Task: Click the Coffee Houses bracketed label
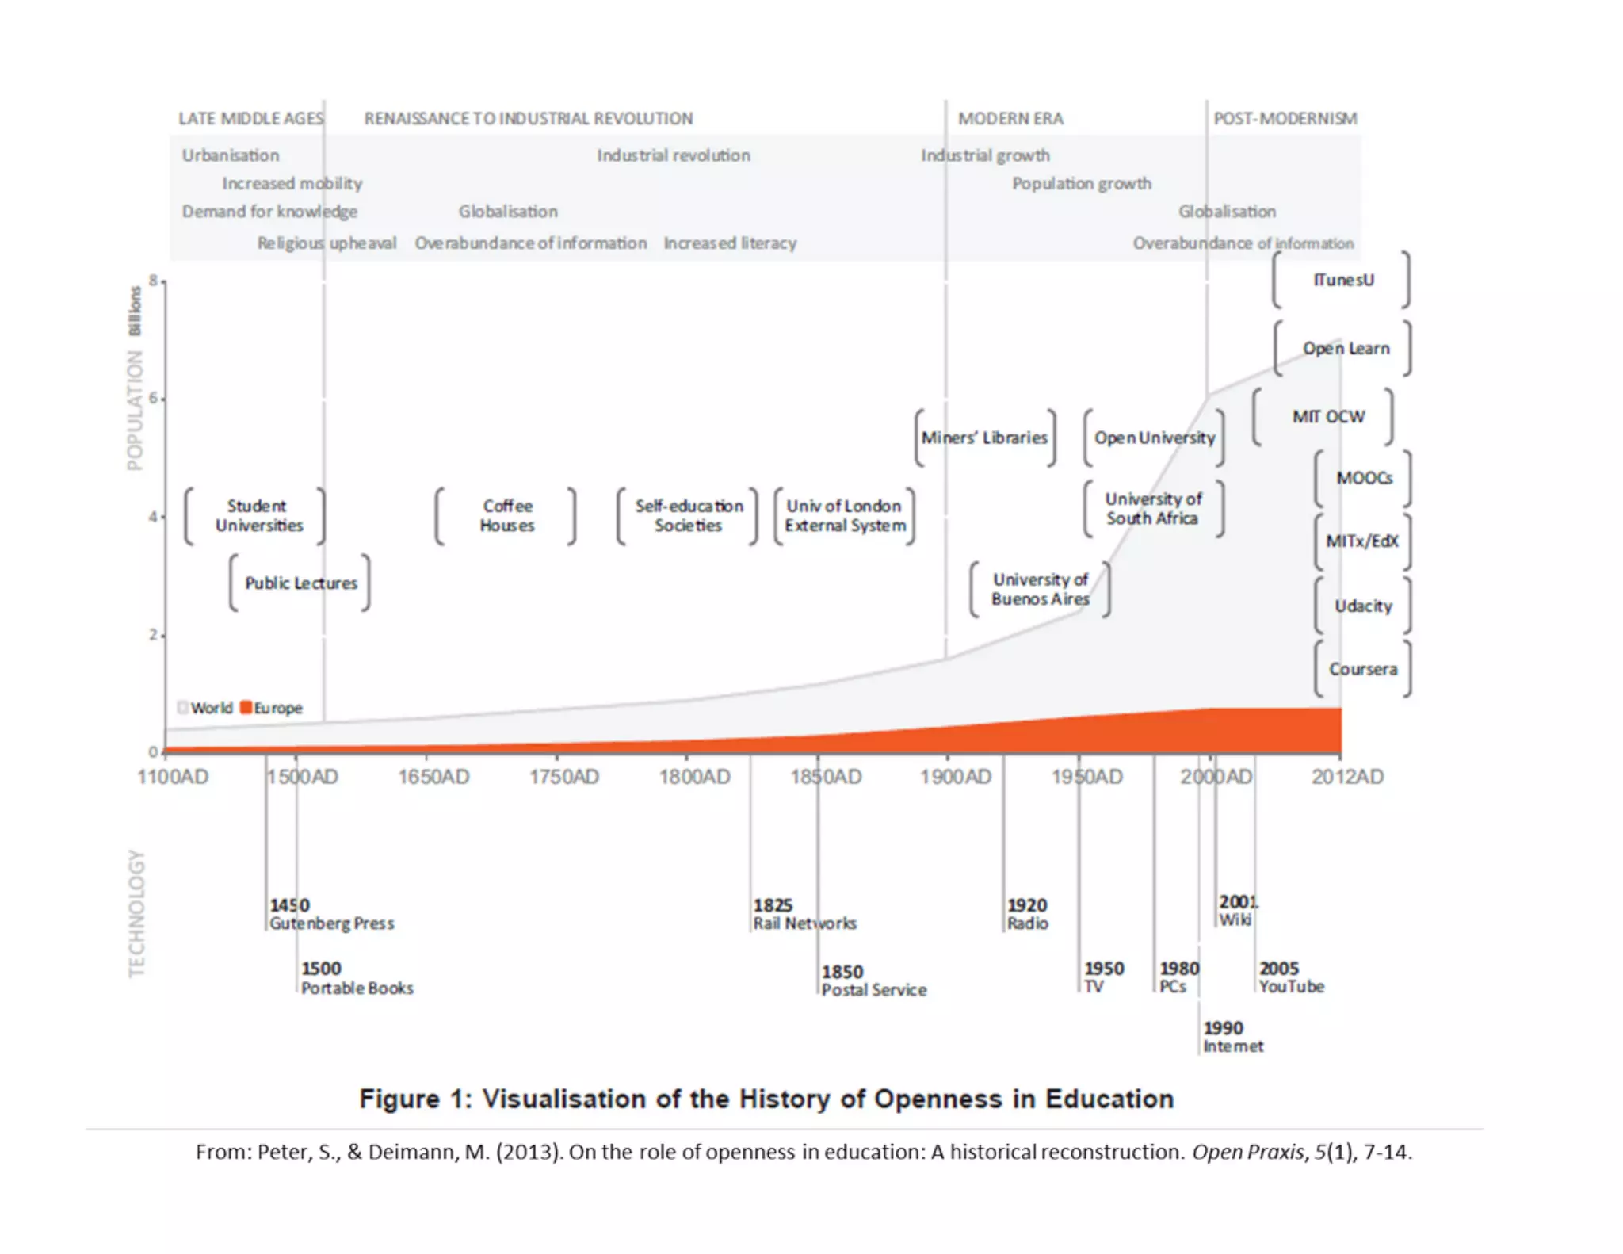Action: [x=507, y=516]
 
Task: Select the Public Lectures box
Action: [x=301, y=583]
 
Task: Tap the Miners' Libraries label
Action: [x=984, y=438]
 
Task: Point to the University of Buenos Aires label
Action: [x=1040, y=590]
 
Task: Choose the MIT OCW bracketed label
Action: [x=1328, y=417]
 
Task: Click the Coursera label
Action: [x=1362, y=670]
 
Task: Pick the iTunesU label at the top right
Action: [x=1343, y=280]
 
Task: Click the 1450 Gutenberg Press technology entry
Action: [x=330, y=915]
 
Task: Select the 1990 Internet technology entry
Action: [x=1232, y=1038]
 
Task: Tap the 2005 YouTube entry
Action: [x=1291, y=978]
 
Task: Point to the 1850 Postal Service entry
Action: [x=873, y=981]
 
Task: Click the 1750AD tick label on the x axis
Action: [x=564, y=777]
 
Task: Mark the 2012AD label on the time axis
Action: [x=1347, y=777]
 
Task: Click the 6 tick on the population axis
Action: [x=153, y=399]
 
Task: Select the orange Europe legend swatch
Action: [x=246, y=707]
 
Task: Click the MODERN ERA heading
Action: [x=1010, y=119]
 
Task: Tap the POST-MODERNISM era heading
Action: [x=1285, y=119]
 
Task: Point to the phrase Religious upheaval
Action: [x=327, y=243]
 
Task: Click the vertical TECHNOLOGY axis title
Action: [x=137, y=913]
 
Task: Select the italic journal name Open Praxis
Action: [x=1247, y=1152]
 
